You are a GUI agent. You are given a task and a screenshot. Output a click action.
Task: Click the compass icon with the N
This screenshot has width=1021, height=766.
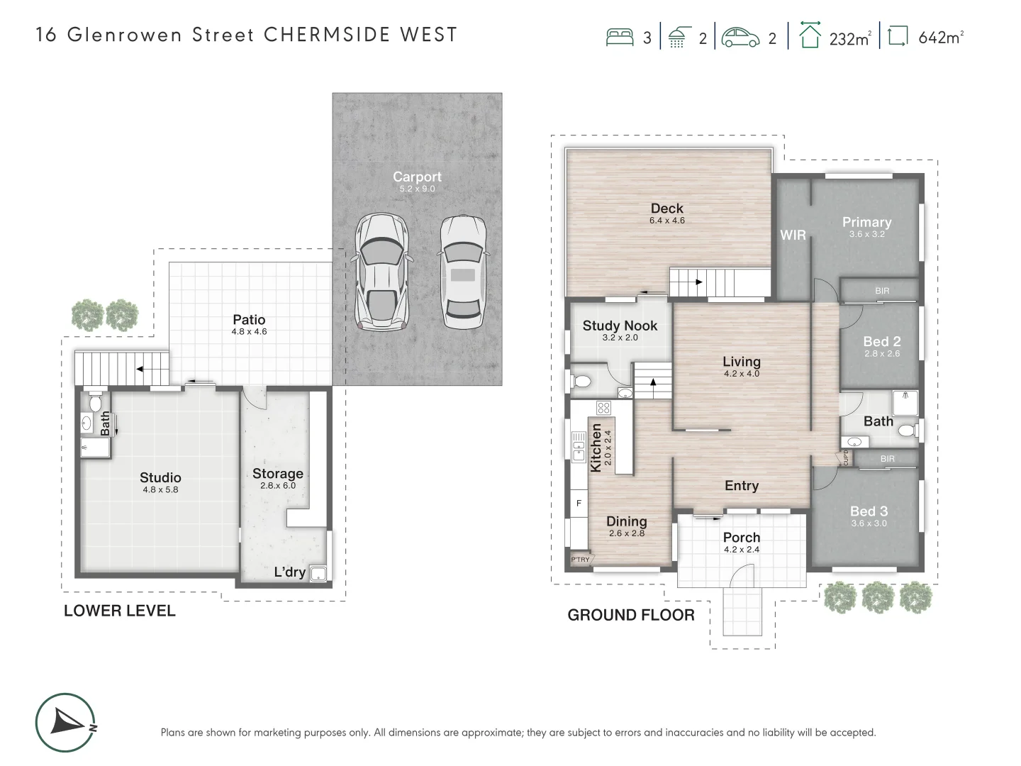click(65, 722)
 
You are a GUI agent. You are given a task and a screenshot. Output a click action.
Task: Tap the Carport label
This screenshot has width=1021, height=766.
click(417, 177)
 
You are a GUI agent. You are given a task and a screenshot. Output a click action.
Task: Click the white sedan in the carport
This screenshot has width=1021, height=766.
click(462, 272)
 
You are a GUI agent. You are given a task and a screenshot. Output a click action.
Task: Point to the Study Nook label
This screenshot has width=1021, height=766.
click(620, 326)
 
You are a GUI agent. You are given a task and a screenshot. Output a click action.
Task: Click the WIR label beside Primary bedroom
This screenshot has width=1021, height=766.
click(793, 235)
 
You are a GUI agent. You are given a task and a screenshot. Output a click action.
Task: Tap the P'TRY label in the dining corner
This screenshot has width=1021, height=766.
click(580, 560)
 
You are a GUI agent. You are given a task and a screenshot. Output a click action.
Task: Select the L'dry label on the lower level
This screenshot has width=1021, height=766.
click(289, 572)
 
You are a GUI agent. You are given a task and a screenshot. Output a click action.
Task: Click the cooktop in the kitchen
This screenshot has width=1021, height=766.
click(603, 408)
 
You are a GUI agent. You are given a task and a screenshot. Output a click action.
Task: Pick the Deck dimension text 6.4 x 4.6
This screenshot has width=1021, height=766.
click(666, 221)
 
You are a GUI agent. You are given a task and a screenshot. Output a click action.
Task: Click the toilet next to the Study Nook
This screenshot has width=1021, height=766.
click(581, 382)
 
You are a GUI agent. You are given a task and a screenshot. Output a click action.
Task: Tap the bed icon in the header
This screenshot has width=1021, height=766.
click(620, 37)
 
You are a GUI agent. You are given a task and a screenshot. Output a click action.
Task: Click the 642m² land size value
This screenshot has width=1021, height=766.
click(940, 38)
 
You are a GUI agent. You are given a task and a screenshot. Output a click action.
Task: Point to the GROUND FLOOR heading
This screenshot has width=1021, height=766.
click(630, 615)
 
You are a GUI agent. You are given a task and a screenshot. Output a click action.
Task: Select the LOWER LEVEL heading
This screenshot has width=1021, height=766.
click(119, 611)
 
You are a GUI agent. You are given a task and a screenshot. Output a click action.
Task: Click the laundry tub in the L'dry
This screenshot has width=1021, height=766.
click(320, 574)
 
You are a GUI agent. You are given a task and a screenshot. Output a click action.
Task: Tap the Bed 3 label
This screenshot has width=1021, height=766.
click(869, 511)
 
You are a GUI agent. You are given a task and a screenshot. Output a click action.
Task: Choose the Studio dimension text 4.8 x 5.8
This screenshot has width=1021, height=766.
click(160, 490)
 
